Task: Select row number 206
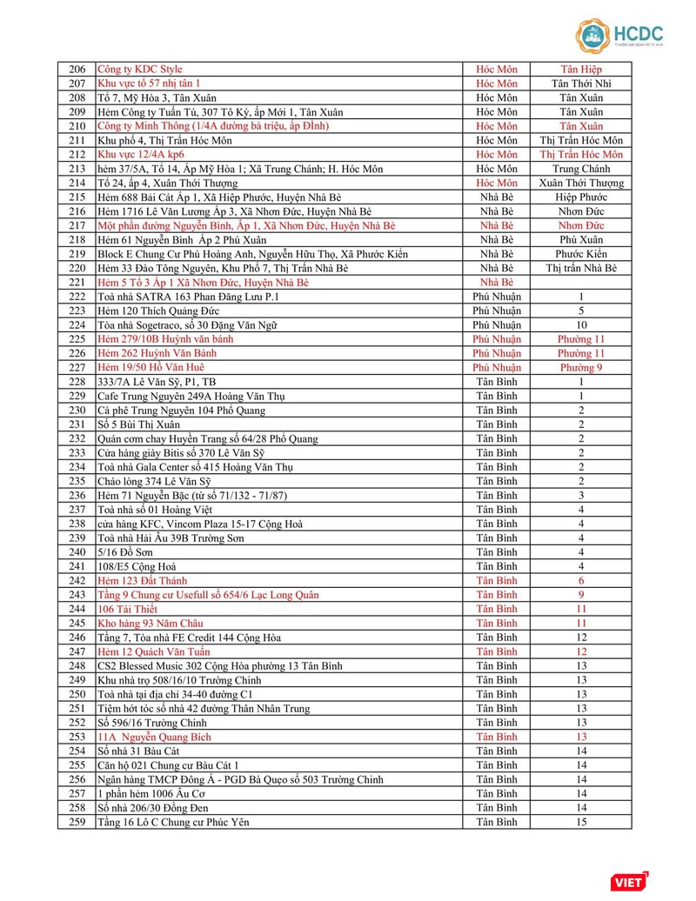pos(77,69)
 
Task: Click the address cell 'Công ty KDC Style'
pos(140,69)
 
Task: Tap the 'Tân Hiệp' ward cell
pos(580,69)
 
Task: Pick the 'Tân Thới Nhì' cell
pos(580,83)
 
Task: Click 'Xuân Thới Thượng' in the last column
pos(580,183)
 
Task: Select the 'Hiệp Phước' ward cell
pos(580,197)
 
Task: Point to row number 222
pos(77,297)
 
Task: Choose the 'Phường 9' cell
pos(580,368)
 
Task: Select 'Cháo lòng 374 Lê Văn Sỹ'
pos(155,481)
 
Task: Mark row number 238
pos(77,524)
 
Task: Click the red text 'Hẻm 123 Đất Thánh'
pos(142,581)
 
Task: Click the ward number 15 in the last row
pos(580,822)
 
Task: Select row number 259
pos(77,822)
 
